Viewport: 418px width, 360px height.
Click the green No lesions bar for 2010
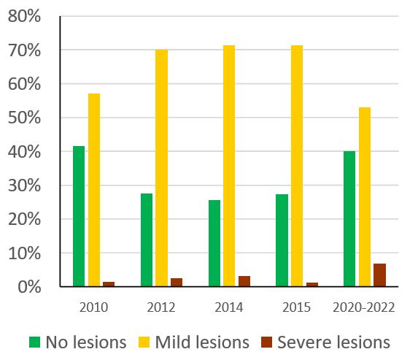pyautogui.click(x=79, y=216)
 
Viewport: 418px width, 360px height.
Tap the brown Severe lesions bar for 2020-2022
pyautogui.click(x=379, y=275)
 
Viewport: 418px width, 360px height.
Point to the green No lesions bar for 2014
pyautogui.click(x=214, y=243)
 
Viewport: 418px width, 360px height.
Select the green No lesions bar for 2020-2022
pyautogui.click(x=349, y=219)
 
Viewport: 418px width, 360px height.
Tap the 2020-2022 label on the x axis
pyautogui.click(x=364, y=307)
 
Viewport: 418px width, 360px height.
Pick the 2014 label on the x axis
pyautogui.click(x=229, y=307)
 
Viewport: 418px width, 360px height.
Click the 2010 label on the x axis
pyautogui.click(x=93, y=307)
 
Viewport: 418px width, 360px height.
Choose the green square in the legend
pyautogui.click(x=34, y=342)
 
